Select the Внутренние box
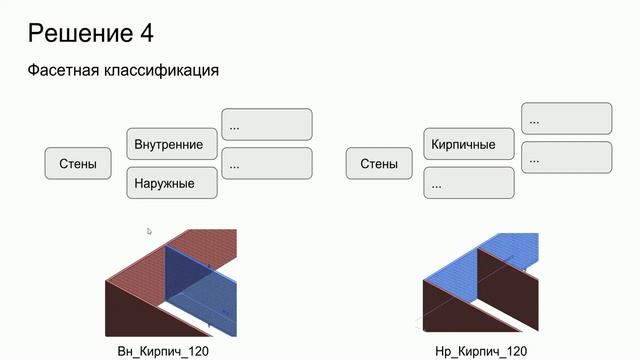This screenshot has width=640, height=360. [169, 144]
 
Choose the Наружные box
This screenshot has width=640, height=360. [169, 184]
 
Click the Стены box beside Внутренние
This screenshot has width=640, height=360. [78, 163]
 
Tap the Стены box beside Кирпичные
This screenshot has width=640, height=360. [378, 163]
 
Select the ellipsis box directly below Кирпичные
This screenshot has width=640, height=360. [469, 184]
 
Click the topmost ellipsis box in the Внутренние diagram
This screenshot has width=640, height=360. [266, 125]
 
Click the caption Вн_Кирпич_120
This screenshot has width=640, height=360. [164, 351]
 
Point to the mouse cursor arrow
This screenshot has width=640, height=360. [150, 231]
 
